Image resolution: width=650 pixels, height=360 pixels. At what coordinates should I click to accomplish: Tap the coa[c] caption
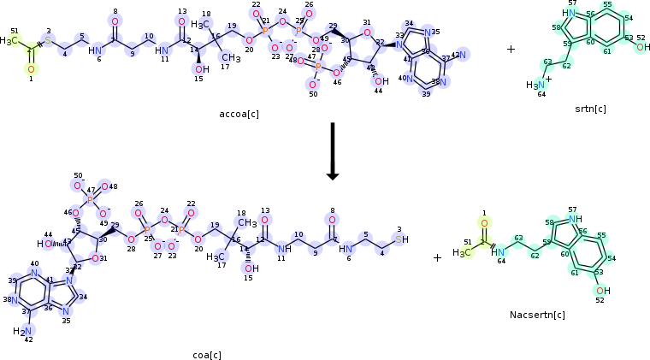[207, 354]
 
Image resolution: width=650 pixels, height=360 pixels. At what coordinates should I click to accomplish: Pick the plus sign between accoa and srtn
[511, 50]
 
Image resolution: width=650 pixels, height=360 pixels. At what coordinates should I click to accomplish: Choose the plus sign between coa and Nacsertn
[437, 257]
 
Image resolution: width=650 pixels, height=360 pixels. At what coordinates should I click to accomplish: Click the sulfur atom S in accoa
[48, 40]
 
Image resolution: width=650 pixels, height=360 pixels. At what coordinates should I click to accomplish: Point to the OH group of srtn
[641, 47]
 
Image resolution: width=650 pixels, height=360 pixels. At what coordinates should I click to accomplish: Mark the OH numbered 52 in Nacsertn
[603, 291]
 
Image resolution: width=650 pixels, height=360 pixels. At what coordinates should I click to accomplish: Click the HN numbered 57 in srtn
[569, 13]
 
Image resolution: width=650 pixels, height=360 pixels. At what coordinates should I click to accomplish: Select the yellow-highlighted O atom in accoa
[31, 68]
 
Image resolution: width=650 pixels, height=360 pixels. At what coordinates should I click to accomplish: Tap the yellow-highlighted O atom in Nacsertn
[484, 224]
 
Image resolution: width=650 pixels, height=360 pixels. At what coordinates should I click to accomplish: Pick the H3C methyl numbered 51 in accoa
[9, 40]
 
